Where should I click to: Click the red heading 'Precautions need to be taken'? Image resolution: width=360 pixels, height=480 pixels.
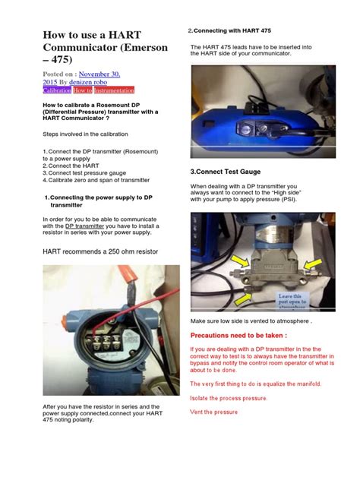pyautogui.click(x=238, y=335)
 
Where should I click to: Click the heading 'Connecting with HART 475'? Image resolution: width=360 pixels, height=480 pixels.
pyautogui.click(x=232, y=30)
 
